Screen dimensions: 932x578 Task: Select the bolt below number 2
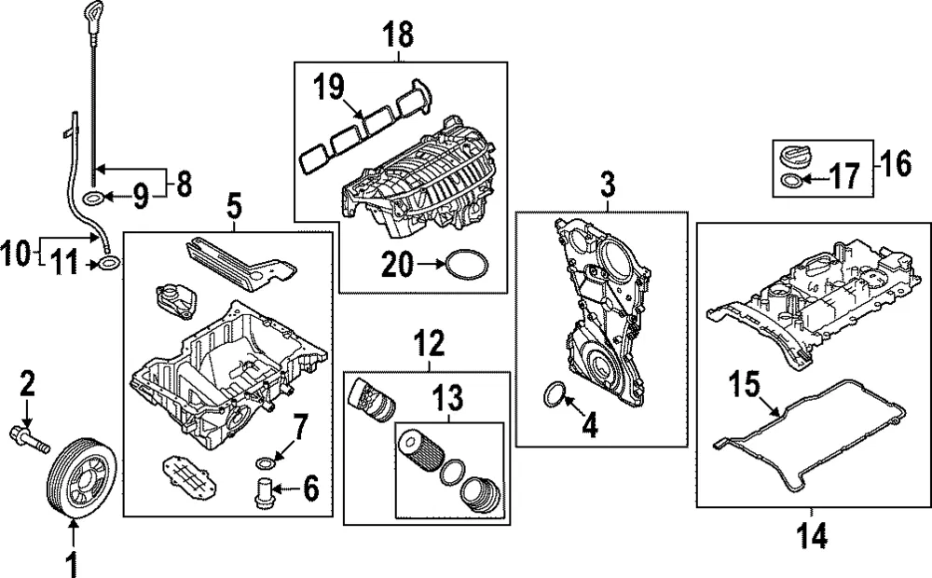[31, 439]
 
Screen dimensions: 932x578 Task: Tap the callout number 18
[398, 34]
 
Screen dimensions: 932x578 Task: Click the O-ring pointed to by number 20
[467, 264]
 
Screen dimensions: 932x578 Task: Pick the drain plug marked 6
[263, 493]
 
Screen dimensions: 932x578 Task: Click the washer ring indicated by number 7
[265, 463]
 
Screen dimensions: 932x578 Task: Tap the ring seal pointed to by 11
[108, 262]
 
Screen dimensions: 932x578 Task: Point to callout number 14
[812, 537]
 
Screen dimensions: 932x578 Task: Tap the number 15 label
[745, 384]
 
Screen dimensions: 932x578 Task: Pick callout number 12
[429, 343]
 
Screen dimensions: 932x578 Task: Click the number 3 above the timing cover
[608, 186]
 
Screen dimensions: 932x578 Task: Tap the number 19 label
[329, 88]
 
